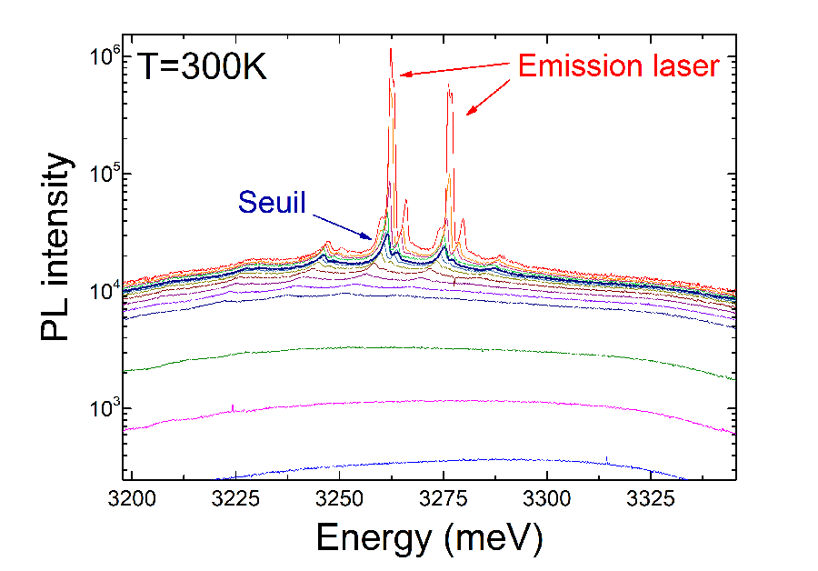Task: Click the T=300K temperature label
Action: [x=202, y=66]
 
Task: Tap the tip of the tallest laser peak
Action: [x=391, y=49]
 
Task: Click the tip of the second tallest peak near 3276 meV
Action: [x=448, y=87]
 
